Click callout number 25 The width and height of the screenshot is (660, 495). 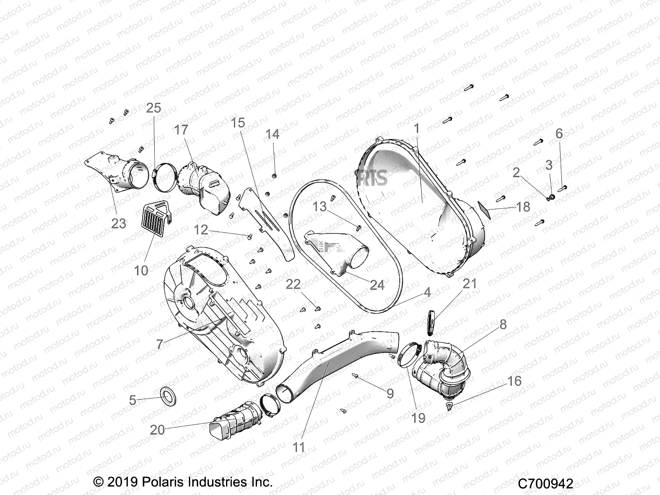[x=153, y=108]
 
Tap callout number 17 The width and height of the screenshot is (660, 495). [x=181, y=130]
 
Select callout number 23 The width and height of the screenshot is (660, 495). [x=118, y=223]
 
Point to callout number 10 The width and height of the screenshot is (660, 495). [x=141, y=271]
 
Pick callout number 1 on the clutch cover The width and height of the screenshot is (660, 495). [x=417, y=129]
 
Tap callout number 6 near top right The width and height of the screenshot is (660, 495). [x=559, y=133]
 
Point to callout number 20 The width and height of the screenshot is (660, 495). [x=158, y=430]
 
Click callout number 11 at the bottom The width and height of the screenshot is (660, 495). [x=299, y=447]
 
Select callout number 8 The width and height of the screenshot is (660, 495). [x=503, y=324]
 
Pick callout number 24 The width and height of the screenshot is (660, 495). [x=377, y=285]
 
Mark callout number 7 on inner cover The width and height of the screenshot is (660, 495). [x=160, y=344]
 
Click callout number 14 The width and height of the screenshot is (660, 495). [x=272, y=134]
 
